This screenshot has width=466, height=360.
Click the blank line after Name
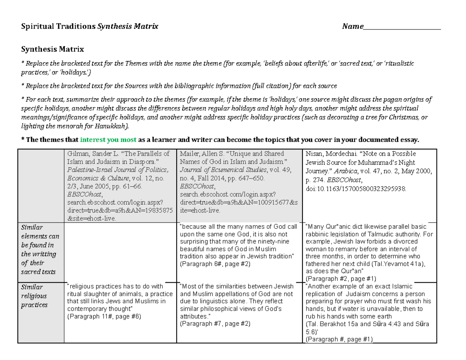[402, 27]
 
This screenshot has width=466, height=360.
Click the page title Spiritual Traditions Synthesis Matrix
[89, 26]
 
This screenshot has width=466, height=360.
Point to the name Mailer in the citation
[188, 153]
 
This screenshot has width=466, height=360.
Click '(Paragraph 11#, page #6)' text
[104, 317]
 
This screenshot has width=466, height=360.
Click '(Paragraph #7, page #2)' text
[215, 323]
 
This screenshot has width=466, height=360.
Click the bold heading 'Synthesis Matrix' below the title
[52, 49]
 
